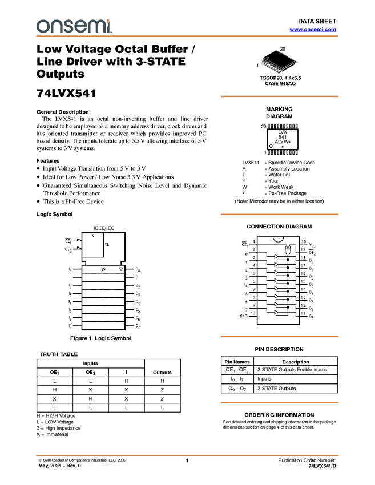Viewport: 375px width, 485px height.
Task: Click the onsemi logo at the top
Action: point(74,26)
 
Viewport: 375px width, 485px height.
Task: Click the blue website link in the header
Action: point(313,30)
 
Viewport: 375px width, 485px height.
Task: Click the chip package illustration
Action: point(280,64)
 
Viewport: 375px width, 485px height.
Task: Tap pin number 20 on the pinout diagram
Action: point(304,241)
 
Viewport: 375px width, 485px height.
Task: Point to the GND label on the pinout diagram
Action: point(244,314)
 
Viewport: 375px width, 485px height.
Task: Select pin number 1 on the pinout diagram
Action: point(253,241)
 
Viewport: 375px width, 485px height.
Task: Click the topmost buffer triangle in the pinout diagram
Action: point(277,257)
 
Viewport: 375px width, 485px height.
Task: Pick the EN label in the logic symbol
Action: point(107,244)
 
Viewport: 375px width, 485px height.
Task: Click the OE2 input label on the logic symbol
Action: point(67,249)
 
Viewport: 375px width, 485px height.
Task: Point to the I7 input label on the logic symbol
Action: point(70,325)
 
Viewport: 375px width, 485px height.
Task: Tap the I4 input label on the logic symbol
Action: point(70,301)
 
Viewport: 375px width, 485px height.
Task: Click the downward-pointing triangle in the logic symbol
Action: point(120,269)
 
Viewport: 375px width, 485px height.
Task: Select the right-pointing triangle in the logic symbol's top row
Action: point(103,269)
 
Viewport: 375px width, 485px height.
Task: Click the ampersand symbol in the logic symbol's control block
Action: point(93,236)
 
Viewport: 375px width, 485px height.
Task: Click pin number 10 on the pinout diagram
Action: point(253,313)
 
